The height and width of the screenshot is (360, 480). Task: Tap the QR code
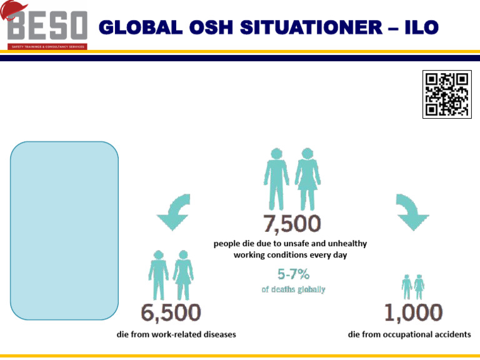pos(446,95)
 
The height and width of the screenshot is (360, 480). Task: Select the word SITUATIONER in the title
pos(284,28)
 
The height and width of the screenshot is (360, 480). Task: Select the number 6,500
pos(171,312)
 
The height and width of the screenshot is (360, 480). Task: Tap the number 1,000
pos(412,312)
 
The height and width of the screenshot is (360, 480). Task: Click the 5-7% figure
pos(293,274)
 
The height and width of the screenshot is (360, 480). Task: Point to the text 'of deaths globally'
pos(293,290)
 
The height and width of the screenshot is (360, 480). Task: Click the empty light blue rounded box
pos(64,231)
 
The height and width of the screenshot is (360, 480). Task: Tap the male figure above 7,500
pos(275,179)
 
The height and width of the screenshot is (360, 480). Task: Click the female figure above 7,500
pos(307,179)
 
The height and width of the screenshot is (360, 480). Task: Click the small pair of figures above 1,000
pos(412,287)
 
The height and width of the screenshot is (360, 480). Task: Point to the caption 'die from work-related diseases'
pos(177,334)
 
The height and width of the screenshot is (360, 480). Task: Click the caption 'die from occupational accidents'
pos(409,334)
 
